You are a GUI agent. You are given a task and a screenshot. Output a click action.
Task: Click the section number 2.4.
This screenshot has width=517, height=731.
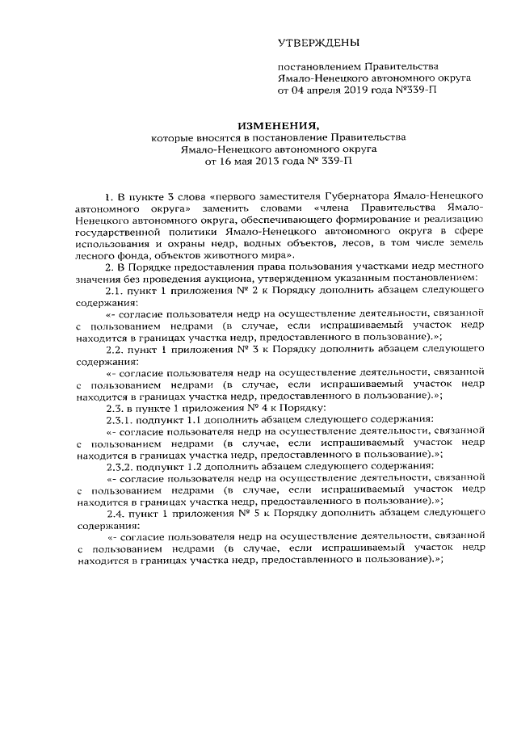click(x=117, y=512)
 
